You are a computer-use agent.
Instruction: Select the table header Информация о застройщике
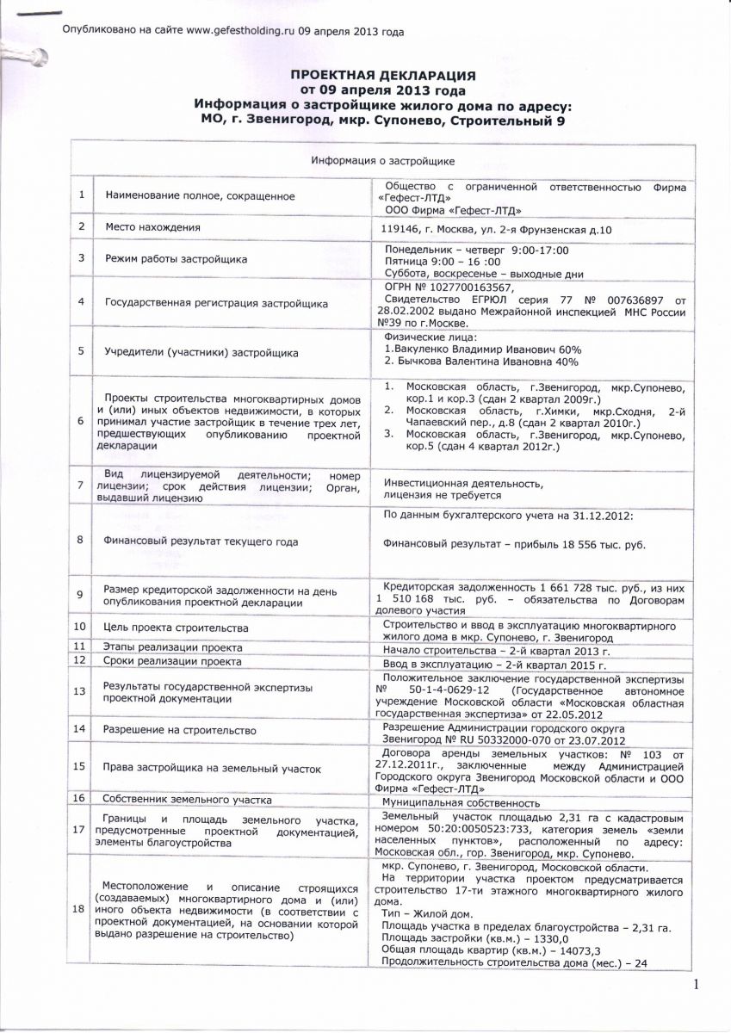tap(382, 161)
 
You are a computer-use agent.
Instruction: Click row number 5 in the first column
tap(81, 352)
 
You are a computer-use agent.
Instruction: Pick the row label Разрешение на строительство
tap(180, 730)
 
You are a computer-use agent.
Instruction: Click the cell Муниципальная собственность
tap(461, 802)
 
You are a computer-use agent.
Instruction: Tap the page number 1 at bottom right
tap(696, 984)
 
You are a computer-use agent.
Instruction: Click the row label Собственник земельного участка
tap(188, 800)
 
